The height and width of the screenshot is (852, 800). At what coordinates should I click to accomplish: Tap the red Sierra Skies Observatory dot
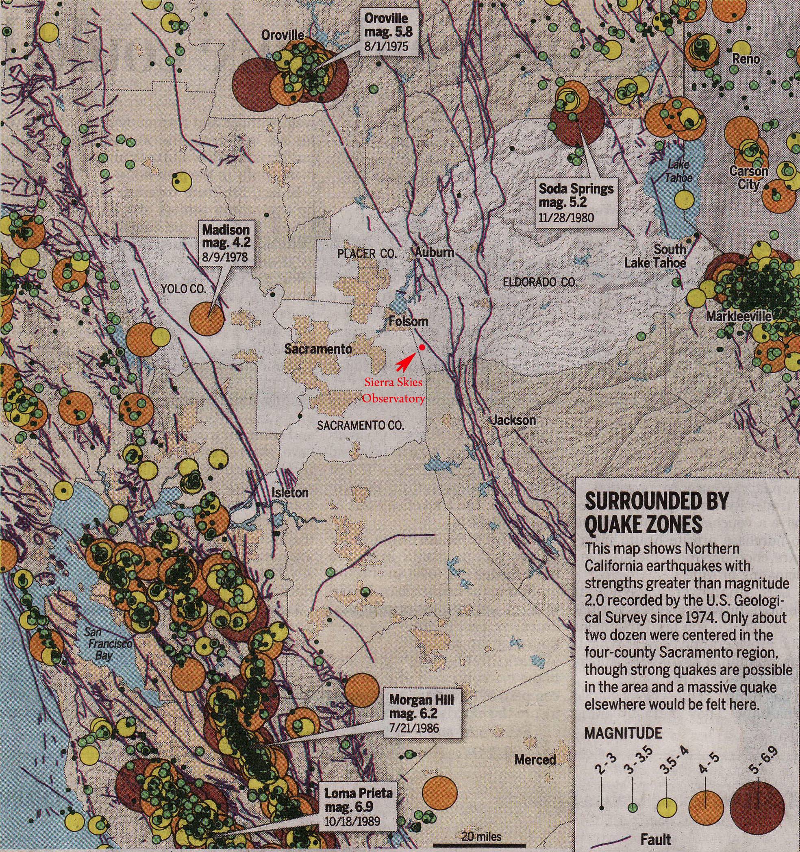pyautogui.click(x=422, y=347)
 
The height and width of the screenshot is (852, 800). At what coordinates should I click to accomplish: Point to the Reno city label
pyautogui.click(x=746, y=59)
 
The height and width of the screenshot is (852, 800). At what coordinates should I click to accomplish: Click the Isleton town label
pyautogui.click(x=290, y=492)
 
